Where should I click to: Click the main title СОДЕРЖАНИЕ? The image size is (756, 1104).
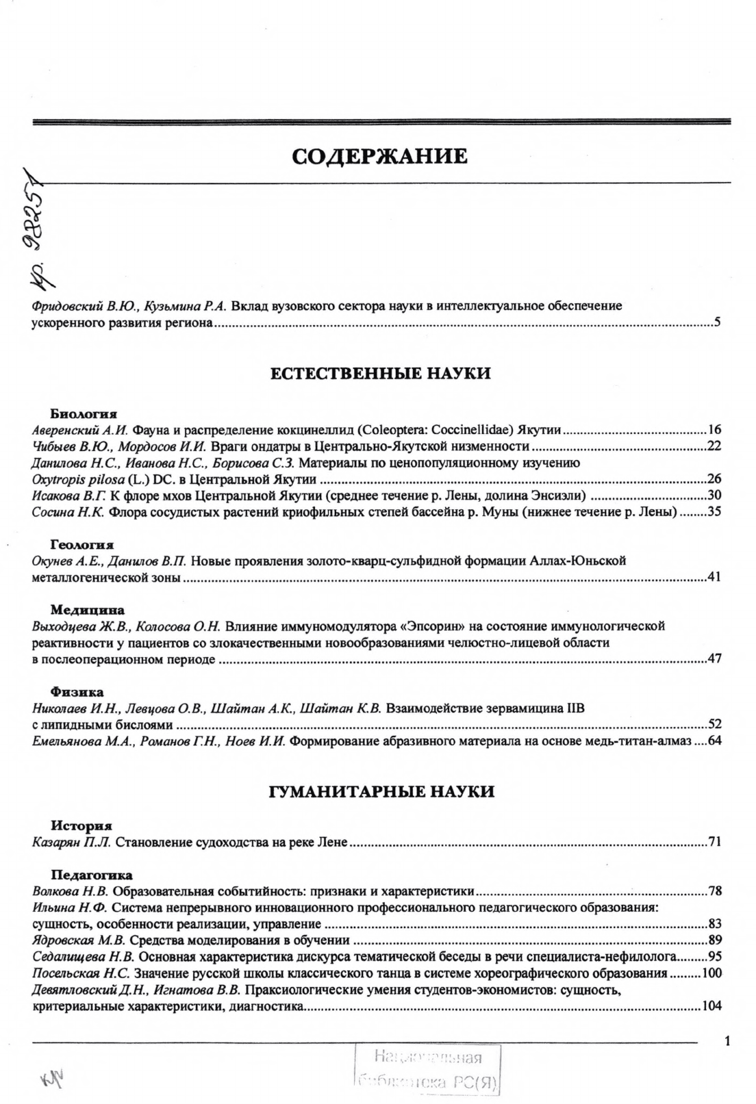point(380,157)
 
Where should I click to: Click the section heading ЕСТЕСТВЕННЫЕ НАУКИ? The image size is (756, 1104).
point(381,374)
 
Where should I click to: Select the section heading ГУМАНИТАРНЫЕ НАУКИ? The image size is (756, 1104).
point(381,792)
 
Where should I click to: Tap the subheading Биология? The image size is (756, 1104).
point(84,414)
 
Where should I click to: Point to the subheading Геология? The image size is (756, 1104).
point(82,545)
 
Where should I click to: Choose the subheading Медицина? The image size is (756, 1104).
point(88,610)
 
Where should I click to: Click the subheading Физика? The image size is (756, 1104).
point(77,692)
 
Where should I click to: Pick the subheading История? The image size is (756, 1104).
point(81,825)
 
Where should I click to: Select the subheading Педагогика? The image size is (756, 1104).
point(92,875)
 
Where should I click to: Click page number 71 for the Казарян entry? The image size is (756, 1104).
point(715,843)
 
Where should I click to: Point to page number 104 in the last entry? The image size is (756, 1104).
point(712,1007)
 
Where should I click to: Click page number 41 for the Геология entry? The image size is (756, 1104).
point(715,578)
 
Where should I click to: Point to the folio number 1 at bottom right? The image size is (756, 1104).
point(727,1042)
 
